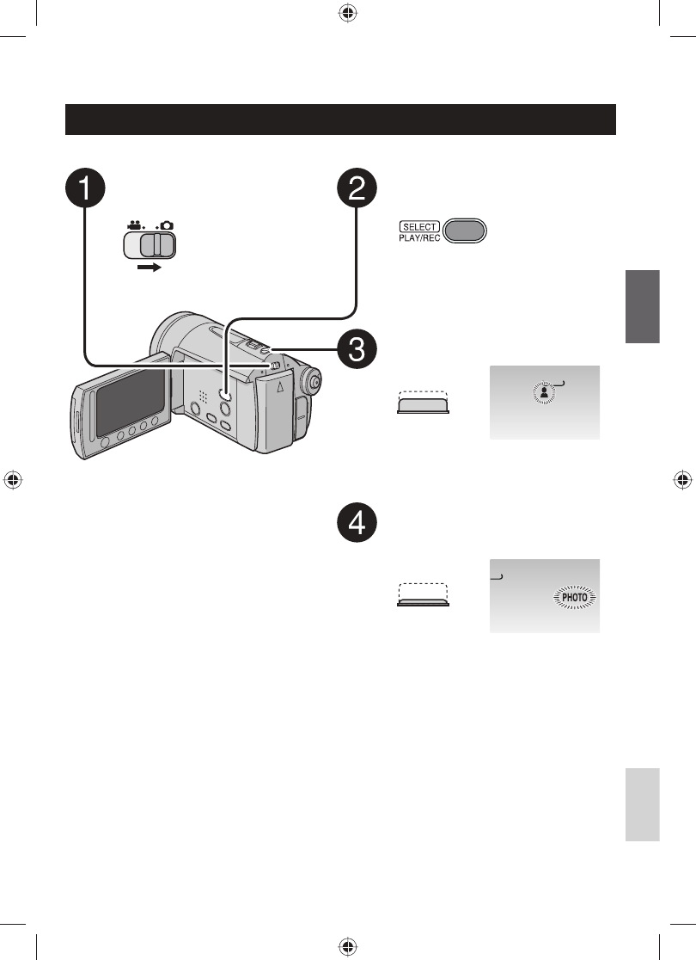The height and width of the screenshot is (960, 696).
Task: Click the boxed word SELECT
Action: (418, 227)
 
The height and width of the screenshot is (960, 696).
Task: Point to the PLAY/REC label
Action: (418, 238)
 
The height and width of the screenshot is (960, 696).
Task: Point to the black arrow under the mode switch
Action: (150, 268)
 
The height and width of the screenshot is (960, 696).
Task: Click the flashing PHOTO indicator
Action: (574, 597)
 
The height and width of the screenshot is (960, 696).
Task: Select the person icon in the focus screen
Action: (544, 391)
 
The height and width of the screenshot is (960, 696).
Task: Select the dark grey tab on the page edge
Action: (642, 306)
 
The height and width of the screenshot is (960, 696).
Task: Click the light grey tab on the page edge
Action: (642, 804)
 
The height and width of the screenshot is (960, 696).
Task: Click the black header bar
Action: (341, 120)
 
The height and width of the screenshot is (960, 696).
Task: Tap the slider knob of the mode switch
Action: (157, 246)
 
